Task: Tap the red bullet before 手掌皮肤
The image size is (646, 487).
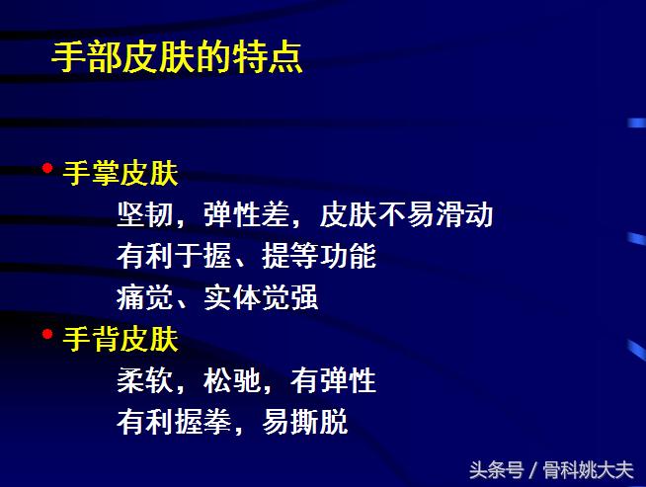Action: (x=47, y=168)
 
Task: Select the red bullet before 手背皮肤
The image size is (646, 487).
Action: (x=47, y=335)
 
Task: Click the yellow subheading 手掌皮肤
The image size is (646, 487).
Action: (x=121, y=174)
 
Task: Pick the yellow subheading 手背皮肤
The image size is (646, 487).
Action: (x=121, y=341)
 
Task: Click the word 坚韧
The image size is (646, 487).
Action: (x=144, y=214)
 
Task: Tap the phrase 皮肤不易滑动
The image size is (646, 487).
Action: (x=407, y=214)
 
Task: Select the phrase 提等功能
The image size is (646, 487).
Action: (x=319, y=257)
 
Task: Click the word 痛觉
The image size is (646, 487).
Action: (x=144, y=298)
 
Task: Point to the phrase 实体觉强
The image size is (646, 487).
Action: (x=261, y=298)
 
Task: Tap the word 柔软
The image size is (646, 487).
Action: (x=144, y=381)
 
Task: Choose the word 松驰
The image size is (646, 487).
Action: (x=232, y=381)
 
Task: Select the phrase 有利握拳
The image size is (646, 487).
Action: (x=174, y=423)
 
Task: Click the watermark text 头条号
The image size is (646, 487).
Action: (x=496, y=469)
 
